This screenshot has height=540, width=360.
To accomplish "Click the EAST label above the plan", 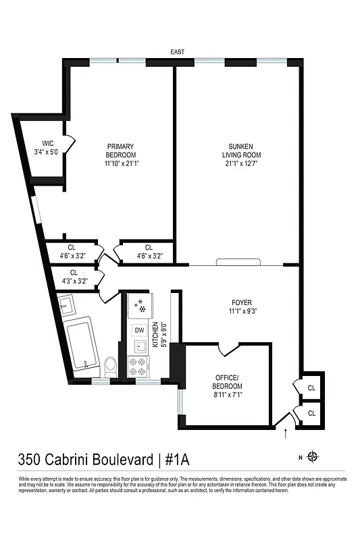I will pyautogui.click(x=178, y=52).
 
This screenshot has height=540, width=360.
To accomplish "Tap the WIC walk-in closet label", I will pyautogui.click(x=47, y=143).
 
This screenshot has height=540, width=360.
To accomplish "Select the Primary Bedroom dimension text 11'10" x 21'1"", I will pyautogui.click(x=120, y=163).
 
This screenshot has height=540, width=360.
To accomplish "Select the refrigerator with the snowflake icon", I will pyautogui.click(x=141, y=306).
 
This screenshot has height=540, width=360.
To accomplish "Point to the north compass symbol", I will pyautogui.click(x=313, y=457).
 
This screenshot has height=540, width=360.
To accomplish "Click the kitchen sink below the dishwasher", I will pyautogui.click(x=140, y=348).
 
